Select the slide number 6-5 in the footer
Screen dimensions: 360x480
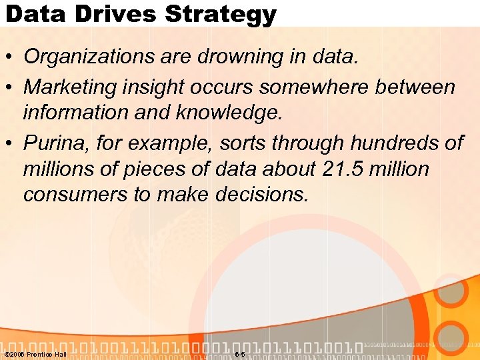240,354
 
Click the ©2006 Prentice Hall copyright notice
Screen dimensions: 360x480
35,354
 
